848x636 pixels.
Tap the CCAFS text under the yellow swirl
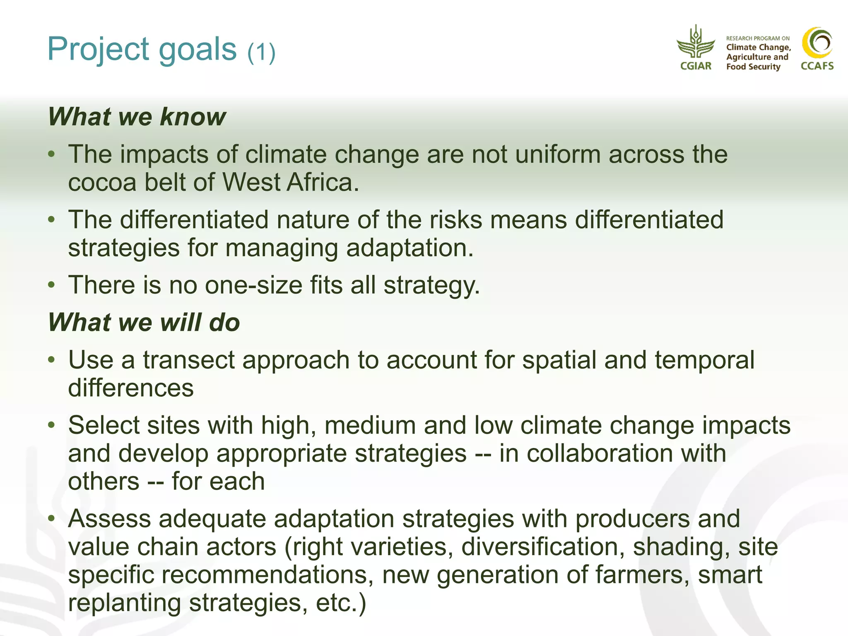point(817,66)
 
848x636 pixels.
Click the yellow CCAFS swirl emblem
point(817,43)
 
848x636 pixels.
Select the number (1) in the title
point(261,53)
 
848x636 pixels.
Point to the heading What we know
point(137,116)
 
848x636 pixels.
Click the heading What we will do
point(144,322)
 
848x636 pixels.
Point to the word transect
point(188,360)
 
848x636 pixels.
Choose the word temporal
point(704,360)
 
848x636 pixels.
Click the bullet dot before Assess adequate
point(51,518)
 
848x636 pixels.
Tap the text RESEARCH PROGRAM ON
point(758,38)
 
